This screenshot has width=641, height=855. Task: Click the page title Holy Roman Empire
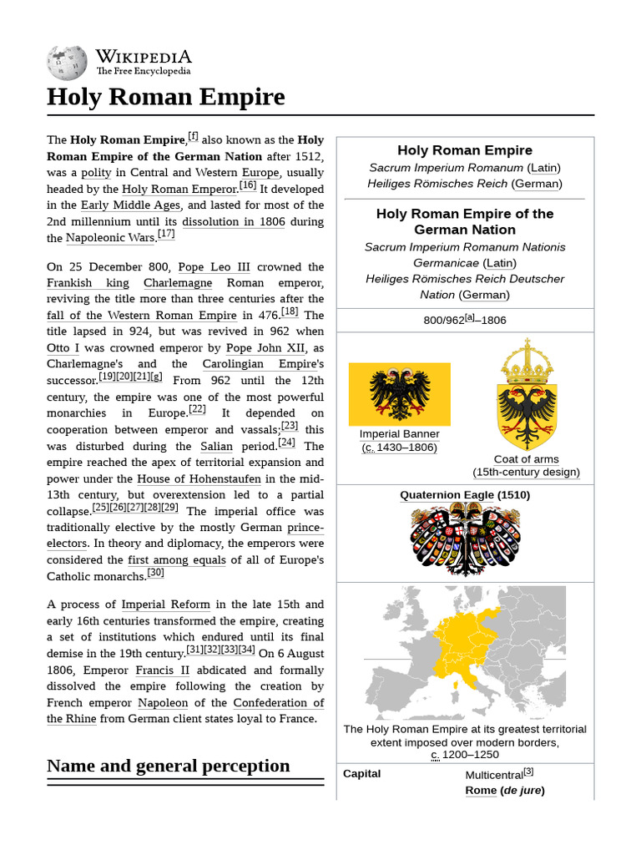pyautogui.click(x=165, y=97)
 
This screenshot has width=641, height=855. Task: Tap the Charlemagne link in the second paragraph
pyautogui.click(x=177, y=283)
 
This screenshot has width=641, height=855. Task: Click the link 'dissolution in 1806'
pyautogui.click(x=234, y=221)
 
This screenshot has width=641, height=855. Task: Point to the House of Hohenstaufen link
pyautogui.click(x=199, y=479)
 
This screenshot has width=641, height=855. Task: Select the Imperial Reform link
pyautogui.click(x=165, y=605)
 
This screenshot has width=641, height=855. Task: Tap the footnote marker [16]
pyautogui.click(x=248, y=185)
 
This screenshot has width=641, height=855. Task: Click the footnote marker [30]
pyautogui.click(x=155, y=573)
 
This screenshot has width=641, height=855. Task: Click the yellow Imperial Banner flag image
pyautogui.click(x=399, y=394)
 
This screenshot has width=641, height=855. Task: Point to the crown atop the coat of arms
pyautogui.click(x=526, y=359)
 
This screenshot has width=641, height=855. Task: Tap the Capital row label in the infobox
pyautogui.click(x=361, y=774)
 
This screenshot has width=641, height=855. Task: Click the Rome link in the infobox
pyautogui.click(x=481, y=791)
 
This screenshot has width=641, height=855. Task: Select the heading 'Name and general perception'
pyautogui.click(x=168, y=766)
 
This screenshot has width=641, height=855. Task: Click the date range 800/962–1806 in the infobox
pyautogui.click(x=465, y=320)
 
